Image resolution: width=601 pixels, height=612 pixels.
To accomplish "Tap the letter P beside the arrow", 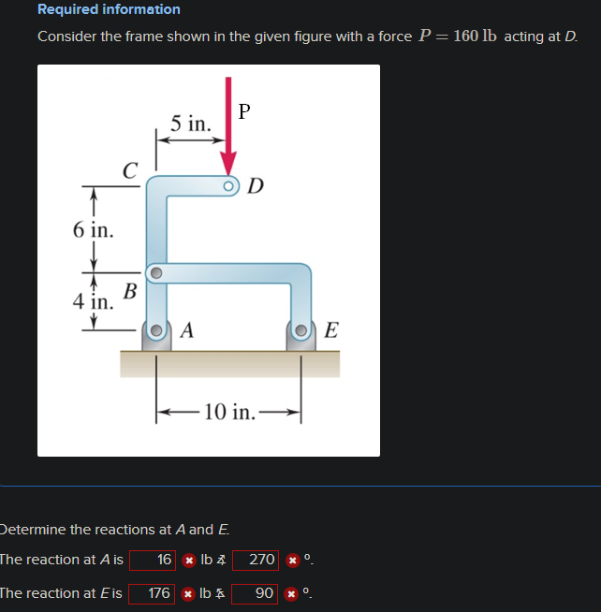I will point(244,111).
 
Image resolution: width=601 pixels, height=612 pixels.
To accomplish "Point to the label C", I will point(131,170).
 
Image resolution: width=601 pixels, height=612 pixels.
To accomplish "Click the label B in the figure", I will point(130,290).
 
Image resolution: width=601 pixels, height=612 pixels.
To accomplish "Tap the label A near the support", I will point(187,329).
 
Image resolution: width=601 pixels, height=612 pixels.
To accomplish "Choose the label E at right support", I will point(331,330).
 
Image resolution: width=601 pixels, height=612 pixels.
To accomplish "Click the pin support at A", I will point(157,332).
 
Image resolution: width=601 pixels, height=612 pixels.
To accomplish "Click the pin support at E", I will point(301,332).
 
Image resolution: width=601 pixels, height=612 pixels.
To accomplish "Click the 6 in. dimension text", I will point(93,229).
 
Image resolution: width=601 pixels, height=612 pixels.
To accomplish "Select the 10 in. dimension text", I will point(228,412).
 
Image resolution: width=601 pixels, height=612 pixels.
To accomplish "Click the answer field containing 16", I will point(154,560).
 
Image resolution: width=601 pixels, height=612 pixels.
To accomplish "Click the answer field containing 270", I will point(256,560).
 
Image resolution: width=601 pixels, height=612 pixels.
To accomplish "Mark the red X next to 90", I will point(292,593).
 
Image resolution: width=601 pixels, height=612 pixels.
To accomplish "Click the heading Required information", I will point(109,9).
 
